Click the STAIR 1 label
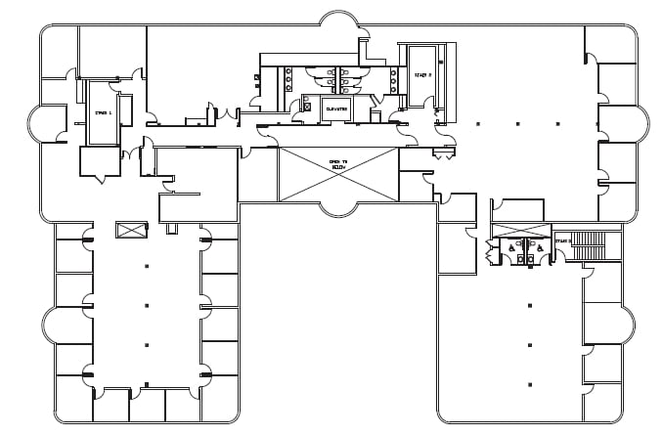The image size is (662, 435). pyautogui.click(x=103, y=113)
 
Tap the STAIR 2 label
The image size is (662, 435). pyautogui.click(x=422, y=74)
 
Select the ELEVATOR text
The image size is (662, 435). pyautogui.click(x=336, y=109)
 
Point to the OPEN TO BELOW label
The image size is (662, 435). pyautogui.click(x=338, y=165)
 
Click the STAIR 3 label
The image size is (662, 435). pyautogui.click(x=562, y=240)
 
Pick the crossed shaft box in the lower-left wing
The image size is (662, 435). pyautogui.click(x=130, y=230)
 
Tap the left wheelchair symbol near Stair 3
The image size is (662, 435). pyautogui.click(x=511, y=248)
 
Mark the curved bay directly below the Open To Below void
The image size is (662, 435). pyautogui.click(x=338, y=208)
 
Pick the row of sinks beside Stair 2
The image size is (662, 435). pyautogui.click(x=393, y=80)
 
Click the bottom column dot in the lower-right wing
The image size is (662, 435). pyautogui.click(x=529, y=383)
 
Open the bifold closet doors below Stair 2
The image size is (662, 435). pyautogui.click(x=444, y=154)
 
